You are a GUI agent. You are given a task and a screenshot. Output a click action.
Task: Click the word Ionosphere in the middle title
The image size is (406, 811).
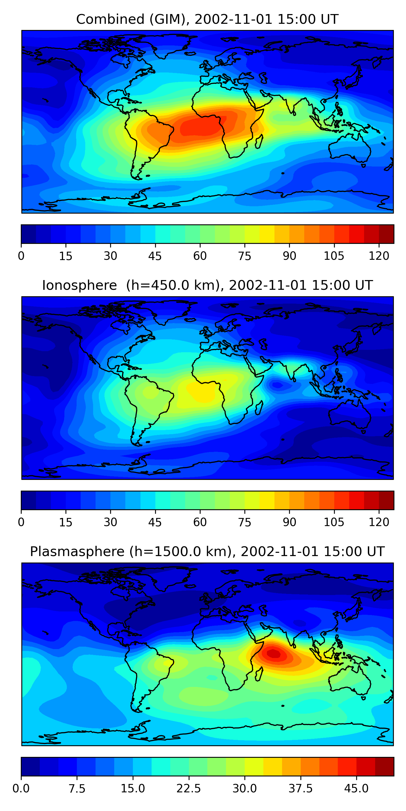79,285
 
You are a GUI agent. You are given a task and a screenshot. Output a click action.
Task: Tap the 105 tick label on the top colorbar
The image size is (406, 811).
334,256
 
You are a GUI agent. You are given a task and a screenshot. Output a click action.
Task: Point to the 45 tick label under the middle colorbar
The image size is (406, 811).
155,522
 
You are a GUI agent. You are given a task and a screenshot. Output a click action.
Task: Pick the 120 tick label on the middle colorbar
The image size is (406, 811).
379,522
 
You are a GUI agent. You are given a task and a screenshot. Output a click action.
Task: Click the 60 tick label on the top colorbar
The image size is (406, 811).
200,256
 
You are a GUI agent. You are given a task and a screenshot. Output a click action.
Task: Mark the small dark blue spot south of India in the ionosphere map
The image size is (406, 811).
277,384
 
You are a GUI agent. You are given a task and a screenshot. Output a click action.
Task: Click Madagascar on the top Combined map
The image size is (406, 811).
259,142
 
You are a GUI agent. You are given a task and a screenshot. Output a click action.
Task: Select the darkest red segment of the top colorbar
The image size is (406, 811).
386,234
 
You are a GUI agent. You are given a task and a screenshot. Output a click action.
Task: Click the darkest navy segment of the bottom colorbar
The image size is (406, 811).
30,766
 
